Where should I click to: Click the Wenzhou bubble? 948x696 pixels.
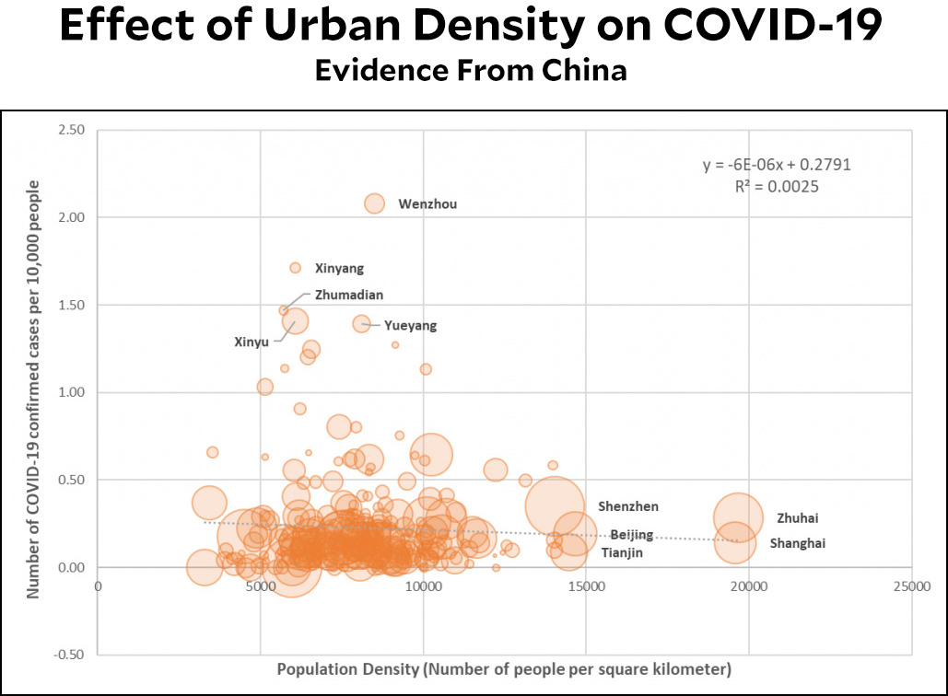[x=374, y=203]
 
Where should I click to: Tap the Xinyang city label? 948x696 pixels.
[x=339, y=269]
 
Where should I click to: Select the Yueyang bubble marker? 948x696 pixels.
[x=361, y=323]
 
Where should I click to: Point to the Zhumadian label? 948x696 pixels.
[x=348, y=296]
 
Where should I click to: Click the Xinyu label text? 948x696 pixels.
[x=251, y=342]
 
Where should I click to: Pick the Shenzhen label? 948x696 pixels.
[x=627, y=506]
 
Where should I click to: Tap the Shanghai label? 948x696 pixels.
[x=797, y=544]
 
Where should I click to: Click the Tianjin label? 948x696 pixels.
[x=622, y=553]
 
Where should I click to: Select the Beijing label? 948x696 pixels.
[x=632, y=535]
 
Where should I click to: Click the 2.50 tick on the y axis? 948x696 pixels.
[x=70, y=130]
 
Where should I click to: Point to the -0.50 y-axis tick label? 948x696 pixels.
[x=68, y=655]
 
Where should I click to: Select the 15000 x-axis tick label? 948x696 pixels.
[x=586, y=584]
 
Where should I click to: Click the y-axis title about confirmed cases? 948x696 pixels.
[x=34, y=390]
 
